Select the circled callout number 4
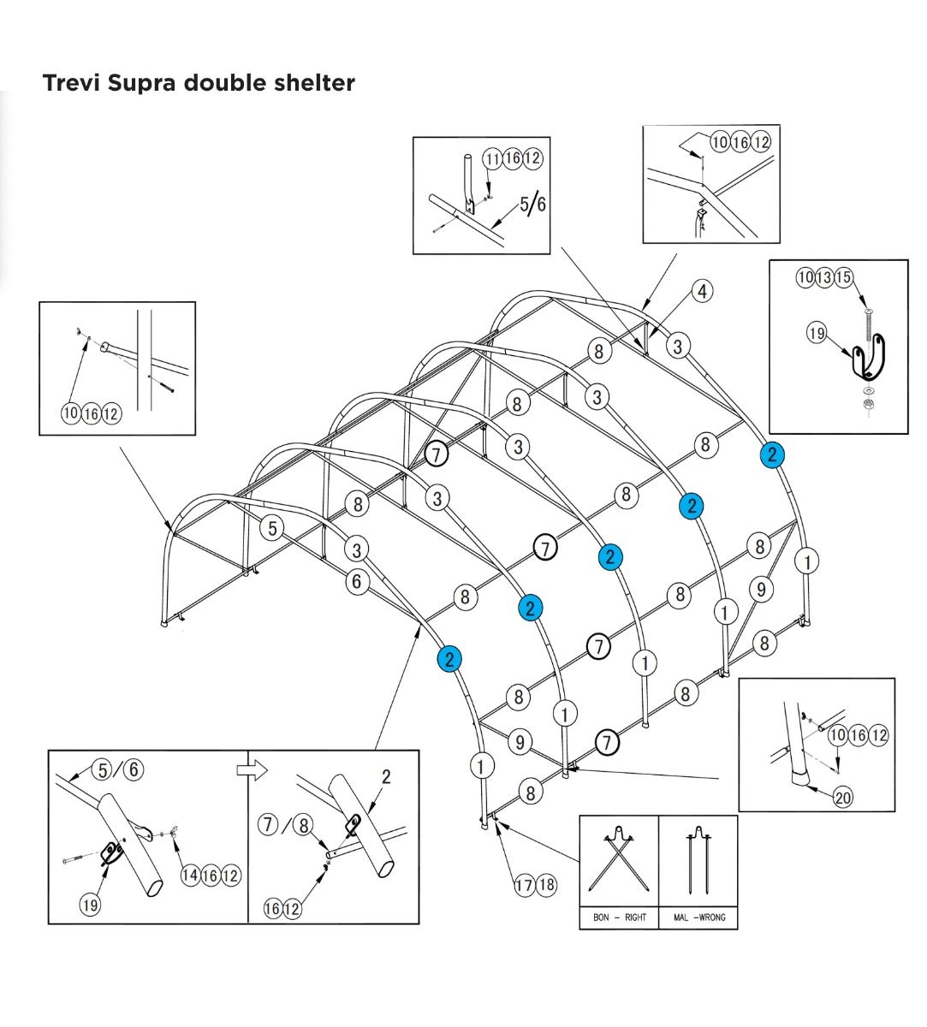coord(702,291)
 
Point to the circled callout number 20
coord(843,798)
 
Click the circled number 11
coord(492,158)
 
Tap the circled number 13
coord(825,277)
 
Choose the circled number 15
coord(844,277)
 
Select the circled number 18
coord(546,885)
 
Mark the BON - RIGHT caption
coord(620,917)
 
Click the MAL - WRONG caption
coord(699,917)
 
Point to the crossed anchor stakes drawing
coord(619,859)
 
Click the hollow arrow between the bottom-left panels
coord(253,770)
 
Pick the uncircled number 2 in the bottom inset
coord(386,777)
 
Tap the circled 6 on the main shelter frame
coord(357,582)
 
